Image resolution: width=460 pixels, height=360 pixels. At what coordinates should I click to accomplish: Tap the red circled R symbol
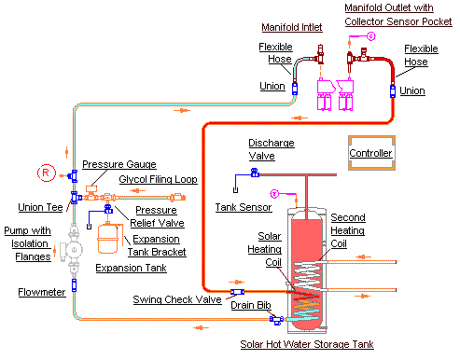(47, 173)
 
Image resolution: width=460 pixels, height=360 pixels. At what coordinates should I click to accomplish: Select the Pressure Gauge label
(119, 164)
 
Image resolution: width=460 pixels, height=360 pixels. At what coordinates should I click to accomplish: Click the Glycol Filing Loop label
(158, 179)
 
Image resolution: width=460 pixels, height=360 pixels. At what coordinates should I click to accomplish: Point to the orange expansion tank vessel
(108, 239)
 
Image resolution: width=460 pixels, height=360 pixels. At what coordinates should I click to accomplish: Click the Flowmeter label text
(42, 292)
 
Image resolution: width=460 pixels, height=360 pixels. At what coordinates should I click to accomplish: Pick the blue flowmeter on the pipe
(74, 285)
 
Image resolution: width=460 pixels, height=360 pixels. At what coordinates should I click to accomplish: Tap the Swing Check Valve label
(177, 299)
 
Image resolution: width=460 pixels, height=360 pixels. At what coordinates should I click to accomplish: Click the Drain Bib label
(251, 305)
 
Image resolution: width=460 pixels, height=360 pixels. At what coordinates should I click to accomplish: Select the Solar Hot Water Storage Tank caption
(307, 344)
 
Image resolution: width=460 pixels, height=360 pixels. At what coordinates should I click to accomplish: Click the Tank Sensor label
(244, 207)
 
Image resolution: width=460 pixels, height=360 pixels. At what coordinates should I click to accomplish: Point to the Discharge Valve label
(272, 149)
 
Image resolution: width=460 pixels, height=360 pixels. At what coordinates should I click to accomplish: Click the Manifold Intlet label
(292, 27)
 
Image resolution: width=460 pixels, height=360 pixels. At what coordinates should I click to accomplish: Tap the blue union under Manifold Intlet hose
(295, 89)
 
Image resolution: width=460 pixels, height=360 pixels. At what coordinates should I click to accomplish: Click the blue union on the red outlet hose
(393, 91)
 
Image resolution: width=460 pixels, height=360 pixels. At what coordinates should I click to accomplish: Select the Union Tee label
(40, 207)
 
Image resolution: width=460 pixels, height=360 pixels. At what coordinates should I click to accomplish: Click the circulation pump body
(74, 249)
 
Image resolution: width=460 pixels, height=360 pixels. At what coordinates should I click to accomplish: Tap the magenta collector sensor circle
(370, 36)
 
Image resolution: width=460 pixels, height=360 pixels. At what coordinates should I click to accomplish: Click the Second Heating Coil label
(348, 230)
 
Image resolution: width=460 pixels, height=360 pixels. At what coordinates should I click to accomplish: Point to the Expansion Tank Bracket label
(157, 245)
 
